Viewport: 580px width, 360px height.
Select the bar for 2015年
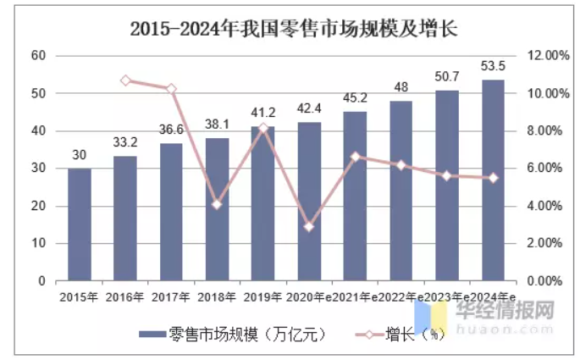tap(80, 224)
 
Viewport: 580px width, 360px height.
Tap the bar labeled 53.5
tap(493, 180)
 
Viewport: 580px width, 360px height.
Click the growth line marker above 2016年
tap(125, 80)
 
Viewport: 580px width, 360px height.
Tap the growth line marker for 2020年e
tap(309, 227)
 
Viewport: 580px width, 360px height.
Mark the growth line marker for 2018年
tap(218, 204)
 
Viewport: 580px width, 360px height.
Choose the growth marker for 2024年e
tap(493, 178)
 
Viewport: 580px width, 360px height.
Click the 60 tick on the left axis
tap(37, 56)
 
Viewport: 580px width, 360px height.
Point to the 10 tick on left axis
tap(37, 244)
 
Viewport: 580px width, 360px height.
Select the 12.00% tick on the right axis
tap(549, 56)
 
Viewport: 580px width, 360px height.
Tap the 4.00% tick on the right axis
tap(549, 206)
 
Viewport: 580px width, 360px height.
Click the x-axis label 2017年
tap(171, 296)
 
